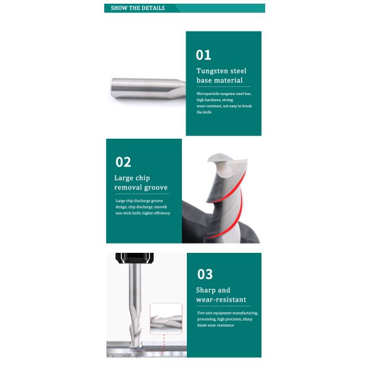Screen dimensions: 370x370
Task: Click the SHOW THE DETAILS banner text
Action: coord(138,8)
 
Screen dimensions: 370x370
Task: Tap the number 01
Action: coord(203,55)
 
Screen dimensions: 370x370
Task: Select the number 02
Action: coord(123,162)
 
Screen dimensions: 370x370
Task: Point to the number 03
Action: coord(205,274)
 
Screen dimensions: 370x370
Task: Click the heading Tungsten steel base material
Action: coord(221,75)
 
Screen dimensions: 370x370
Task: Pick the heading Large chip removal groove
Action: coord(141,183)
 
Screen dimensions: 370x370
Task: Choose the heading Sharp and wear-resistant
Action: coord(221,295)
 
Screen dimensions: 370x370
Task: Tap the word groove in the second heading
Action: coord(156,187)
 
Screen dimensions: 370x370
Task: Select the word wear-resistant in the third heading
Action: coord(221,300)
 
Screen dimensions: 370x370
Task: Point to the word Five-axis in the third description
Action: coord(204,313)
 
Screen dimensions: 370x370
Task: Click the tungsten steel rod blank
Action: coord(148,88)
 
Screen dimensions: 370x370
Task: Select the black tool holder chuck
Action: coord(134,258)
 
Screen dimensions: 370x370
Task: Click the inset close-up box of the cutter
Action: coord(166,318)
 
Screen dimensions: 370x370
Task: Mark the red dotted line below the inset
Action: coord(164,343)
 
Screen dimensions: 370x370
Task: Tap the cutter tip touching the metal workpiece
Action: coord(136,344)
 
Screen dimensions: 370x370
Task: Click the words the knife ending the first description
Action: coord(204,112)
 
